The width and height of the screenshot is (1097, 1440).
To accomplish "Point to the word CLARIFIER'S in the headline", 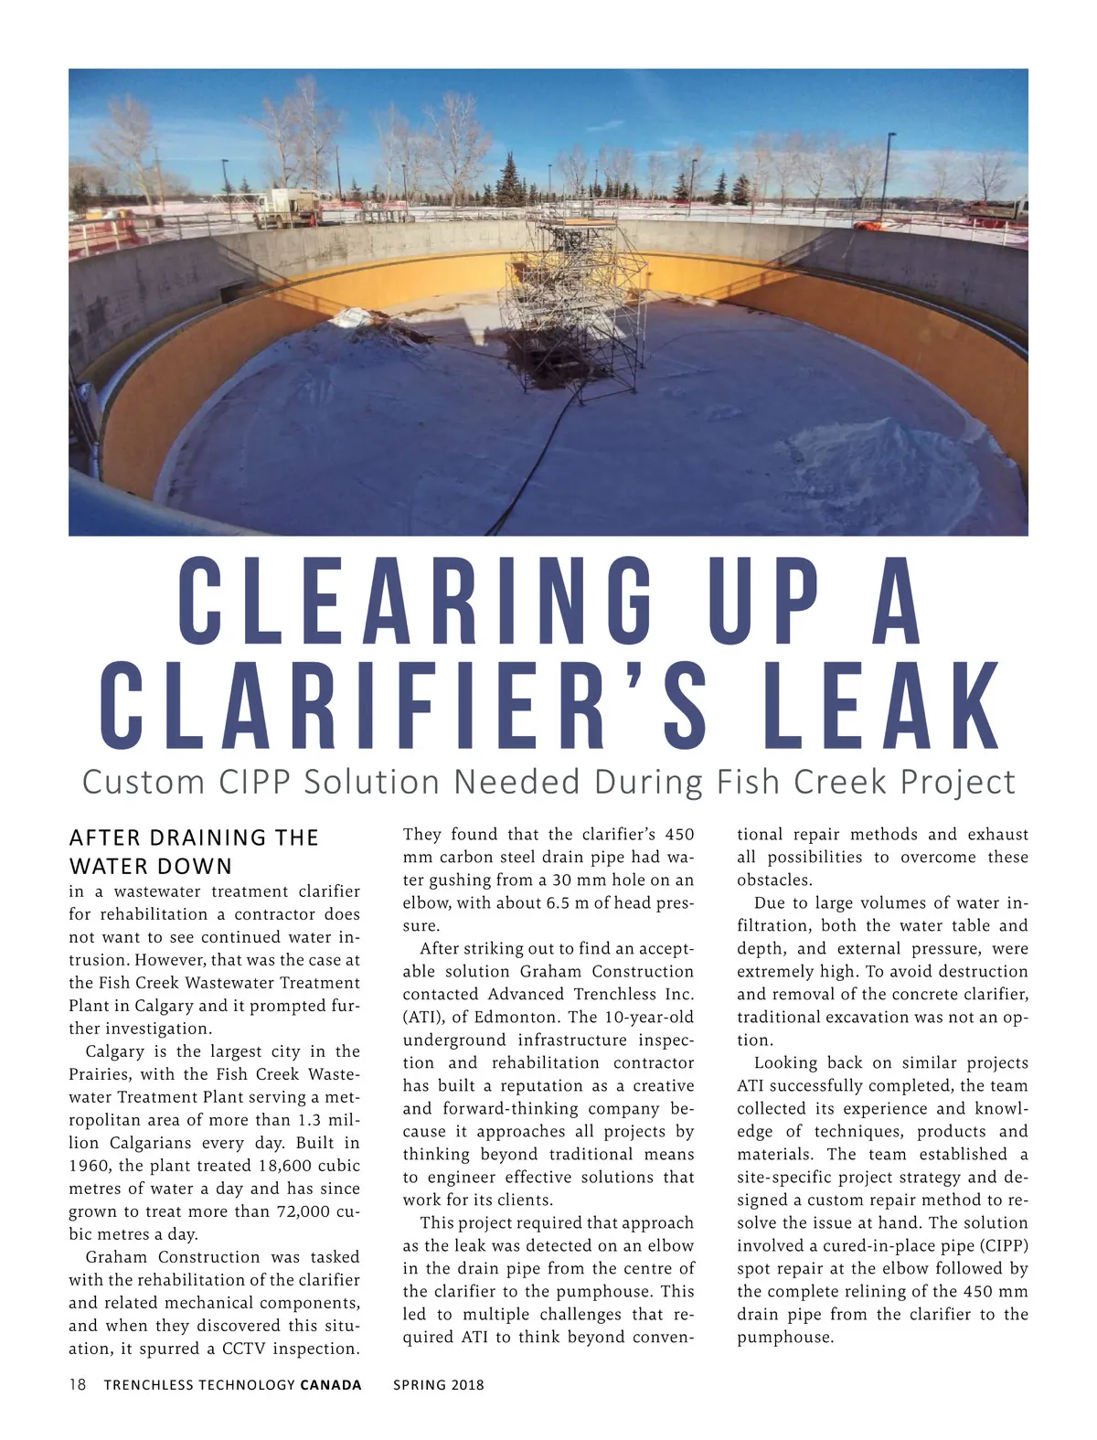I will (403, 706).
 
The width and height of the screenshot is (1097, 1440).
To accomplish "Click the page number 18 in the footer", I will (78, 1384).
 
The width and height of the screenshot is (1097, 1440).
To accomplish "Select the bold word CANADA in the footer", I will (331, 1384).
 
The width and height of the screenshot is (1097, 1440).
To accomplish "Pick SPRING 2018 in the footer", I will (439, 1384).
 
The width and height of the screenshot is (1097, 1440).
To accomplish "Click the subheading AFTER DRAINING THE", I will (194, 837).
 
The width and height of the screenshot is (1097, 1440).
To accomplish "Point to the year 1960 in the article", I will (90, 1166).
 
